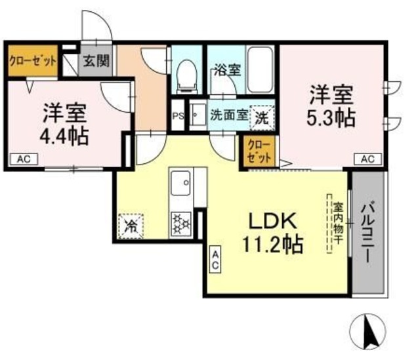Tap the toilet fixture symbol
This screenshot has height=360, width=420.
coord(187,74)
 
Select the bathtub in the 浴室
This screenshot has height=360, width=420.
coord(261,70)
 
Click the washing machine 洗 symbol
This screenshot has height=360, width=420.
coord(262,118)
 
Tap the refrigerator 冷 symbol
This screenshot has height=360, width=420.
coord(131,226)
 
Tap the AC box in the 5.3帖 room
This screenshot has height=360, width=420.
coord(368,159)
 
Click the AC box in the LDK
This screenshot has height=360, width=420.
coord(215,260)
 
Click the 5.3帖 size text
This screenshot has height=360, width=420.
coord(331,118)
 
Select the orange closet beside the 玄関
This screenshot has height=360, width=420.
coord(31,62)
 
